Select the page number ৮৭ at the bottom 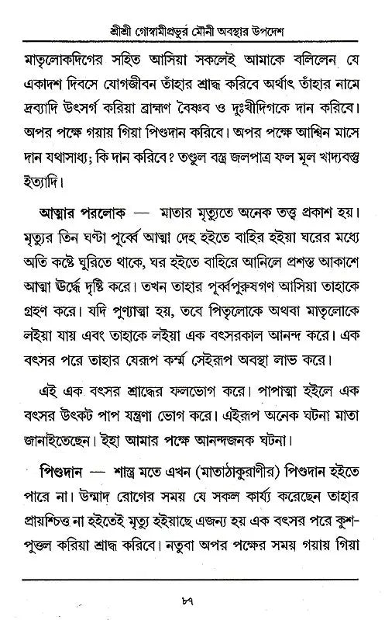[193, 598]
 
